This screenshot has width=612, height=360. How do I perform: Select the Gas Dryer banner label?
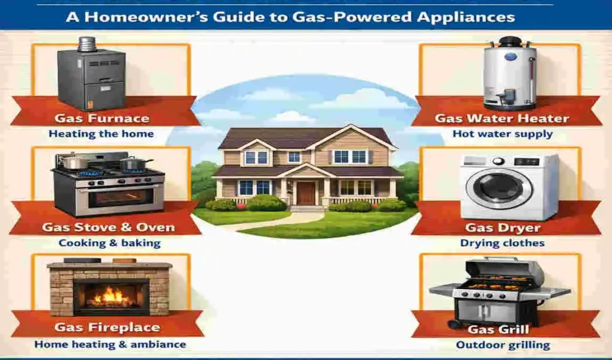502,227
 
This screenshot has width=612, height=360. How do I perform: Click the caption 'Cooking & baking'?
109,243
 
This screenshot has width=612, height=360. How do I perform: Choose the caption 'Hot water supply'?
502,134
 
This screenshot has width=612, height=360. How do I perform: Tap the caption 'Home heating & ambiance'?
110,344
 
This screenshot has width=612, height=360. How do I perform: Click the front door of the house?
305,193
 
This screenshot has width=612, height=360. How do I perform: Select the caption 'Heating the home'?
101,134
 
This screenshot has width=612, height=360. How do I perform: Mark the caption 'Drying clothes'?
502,243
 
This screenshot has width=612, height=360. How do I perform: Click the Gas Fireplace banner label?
107,328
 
